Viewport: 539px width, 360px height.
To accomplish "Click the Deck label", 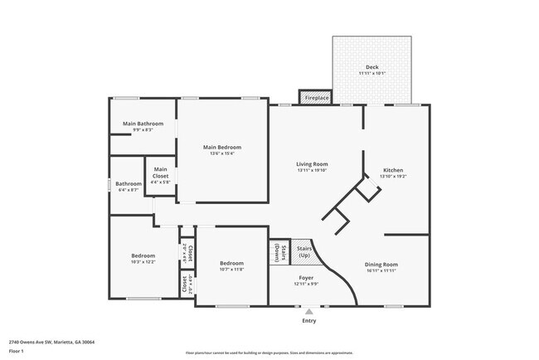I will point(372,67).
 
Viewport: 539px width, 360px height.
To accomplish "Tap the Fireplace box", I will point(316,98).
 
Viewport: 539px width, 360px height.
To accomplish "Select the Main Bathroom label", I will point(143,124).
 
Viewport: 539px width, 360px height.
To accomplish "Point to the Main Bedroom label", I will point(222,147).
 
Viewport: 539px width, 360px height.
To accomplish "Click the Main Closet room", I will point(161,173).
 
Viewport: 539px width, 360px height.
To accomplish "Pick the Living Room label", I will point(313,164).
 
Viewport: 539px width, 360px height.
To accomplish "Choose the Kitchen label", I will point(392,170).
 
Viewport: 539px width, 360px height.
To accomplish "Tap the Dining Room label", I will point(381,265).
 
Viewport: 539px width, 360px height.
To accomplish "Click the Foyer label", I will point(306,277).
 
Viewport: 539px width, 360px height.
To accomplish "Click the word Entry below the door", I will point(308,320).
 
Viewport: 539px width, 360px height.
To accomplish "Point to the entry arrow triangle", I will point(308,311).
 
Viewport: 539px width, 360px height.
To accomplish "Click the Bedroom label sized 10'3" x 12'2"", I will point(143,255).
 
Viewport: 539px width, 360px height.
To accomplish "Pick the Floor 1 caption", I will point(16,351).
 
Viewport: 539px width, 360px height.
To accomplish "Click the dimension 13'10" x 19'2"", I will point(392,177).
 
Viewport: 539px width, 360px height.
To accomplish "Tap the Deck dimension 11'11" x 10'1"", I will point(372,74).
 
